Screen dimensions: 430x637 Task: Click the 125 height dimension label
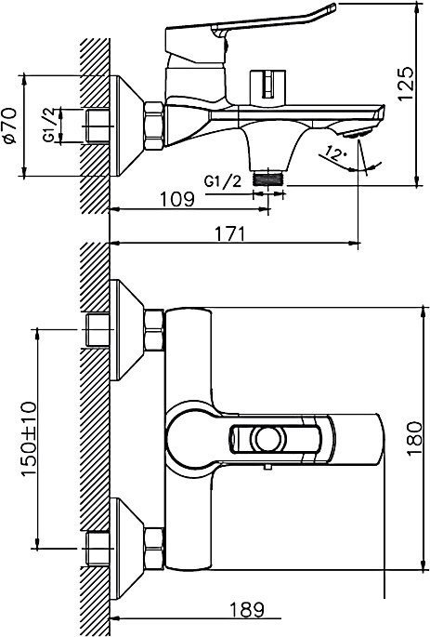pyautogui.click(x=406, y=84)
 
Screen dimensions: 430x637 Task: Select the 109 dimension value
pyautogui.click(x=177, y=199)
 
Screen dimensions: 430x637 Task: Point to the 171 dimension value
pyautogui.click(x=230, y=234)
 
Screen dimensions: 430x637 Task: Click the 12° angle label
pyautogui.click(x=334, y=153)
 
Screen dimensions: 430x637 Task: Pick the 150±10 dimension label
pyautogui.click(x=28, y=439)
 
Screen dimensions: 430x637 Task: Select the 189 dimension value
pyautogui.click(x=247, y=609)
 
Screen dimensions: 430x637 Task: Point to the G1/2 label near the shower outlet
pyautogui.click(x=223, y=180)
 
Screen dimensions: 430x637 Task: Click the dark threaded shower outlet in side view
pyautogui.click(x=267, y=179)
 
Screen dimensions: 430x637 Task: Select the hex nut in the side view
pyautogui.click(x=154, y=126)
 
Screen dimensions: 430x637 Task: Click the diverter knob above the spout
pyautogui.click(x=267, y=85)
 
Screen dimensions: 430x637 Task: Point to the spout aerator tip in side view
pyautogui.click(x=357, y=133)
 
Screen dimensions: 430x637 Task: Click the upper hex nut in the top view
pyautogui.click(x=154, y=330)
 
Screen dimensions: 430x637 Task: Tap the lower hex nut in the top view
pyautogui.click(x=154, y=549)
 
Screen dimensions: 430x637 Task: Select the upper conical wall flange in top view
pyautogui.click(x=127, y=330)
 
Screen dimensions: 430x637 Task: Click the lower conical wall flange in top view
pyautogui.click(x=127, y=549)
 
